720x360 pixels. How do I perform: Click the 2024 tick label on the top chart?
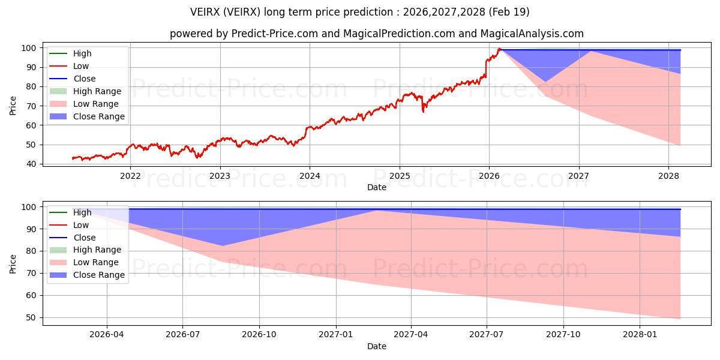click(310, 176)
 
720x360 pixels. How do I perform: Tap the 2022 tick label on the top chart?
click(130, 176)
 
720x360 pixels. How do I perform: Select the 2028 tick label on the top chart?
click(668, 176)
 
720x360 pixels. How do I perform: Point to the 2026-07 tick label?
click(182, 335)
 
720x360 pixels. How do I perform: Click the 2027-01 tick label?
click(336, 335)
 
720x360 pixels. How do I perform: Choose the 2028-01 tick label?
click(640, 335)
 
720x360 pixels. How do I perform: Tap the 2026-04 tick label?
click(107, 335)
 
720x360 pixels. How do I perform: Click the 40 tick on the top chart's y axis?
click(31, 164)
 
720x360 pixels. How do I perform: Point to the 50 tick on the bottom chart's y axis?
click(31, 317)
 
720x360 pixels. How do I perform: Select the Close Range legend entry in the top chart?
click(87, 116)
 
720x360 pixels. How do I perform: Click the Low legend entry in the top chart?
click(69, 66)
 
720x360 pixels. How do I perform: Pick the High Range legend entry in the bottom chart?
click(85, 250)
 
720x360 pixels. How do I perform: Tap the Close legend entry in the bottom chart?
click(73, 238)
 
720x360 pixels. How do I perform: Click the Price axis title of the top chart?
click(13, 106)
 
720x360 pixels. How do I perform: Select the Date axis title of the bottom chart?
click(377, 346)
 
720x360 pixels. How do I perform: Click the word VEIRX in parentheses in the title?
click(241, 12)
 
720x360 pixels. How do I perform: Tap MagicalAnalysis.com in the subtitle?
click(532, 34)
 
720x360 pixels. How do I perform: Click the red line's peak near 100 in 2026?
click(499, 49)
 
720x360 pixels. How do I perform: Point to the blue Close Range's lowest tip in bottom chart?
click(222, 246)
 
